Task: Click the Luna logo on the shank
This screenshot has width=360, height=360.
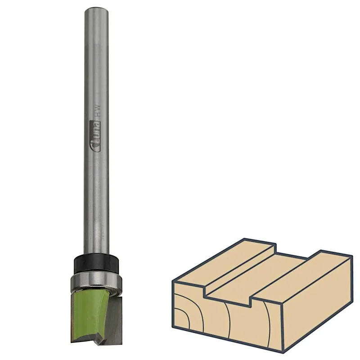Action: click(x=95, y=136)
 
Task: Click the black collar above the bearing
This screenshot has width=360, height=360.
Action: click(x=96, y=264)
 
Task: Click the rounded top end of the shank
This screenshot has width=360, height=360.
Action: click(x=96, y=11)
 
